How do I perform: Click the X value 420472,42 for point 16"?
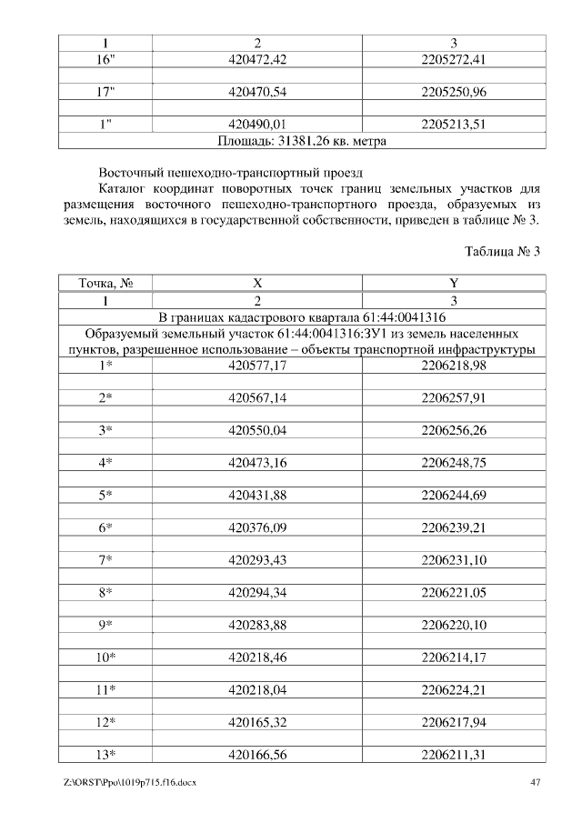tap(257, 59)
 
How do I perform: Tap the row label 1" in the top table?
tap(105, 125)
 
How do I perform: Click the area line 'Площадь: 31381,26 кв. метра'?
tap(302, 141)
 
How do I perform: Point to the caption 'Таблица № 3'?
tap(502, 251)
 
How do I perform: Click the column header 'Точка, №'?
tap(105, 284)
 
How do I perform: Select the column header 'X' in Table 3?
tap(257, 284)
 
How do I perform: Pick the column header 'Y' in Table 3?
tap(454, 284)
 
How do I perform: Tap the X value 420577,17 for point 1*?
tap(257, 366)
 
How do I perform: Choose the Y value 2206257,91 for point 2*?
tap(454, 398)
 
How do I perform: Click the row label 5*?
tap(105, 495)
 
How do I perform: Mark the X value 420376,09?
tap(257, 527)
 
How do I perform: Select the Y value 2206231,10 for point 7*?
tap(454, 560)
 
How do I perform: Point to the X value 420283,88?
tap(257, 625)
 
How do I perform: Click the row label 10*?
tap(105, 657)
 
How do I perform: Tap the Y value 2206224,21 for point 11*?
tap(454, 690)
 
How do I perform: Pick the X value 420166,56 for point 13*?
tap(257, 755)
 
